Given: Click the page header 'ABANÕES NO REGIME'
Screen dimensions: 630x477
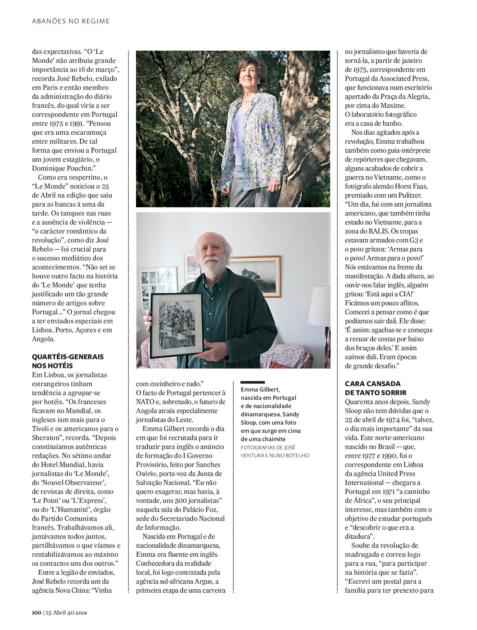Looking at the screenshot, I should (71, 21).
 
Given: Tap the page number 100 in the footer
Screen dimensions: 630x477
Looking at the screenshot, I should (36, 612).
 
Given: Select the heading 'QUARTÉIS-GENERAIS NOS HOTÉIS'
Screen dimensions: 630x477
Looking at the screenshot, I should (67, 361).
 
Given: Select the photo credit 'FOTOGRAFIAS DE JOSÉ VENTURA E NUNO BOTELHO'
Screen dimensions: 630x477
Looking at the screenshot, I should (275, 451).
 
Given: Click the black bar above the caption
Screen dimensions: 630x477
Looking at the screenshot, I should (253, 382).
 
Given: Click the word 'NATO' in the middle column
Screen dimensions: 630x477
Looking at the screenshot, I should (145, 402).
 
